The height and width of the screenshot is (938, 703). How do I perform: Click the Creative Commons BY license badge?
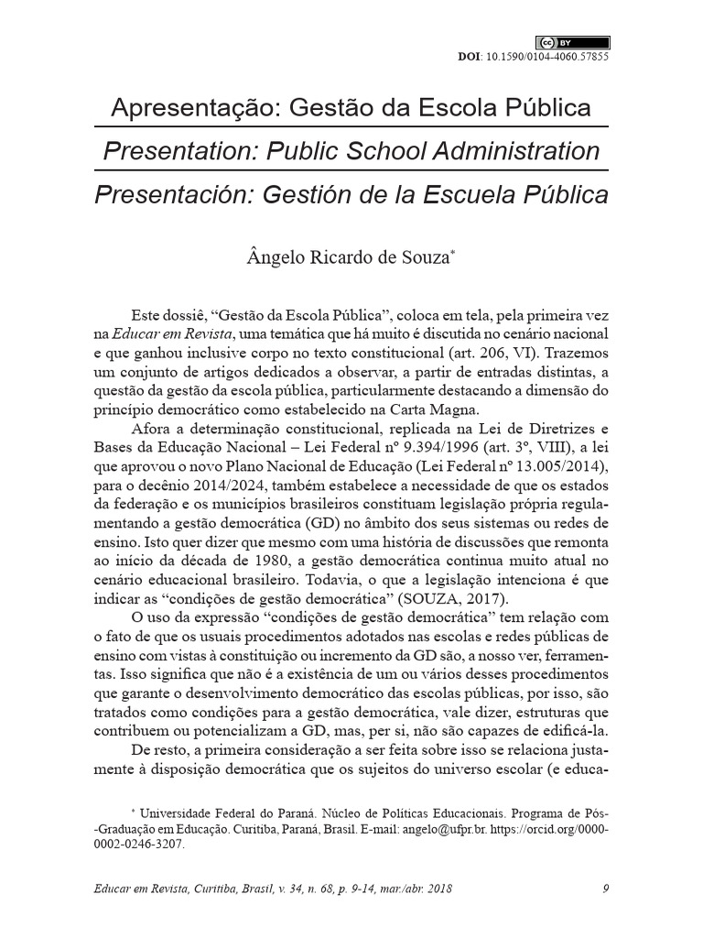point(572,42)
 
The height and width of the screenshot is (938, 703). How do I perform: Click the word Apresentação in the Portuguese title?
point(194,108)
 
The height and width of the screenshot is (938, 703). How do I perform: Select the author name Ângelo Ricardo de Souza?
point(348,258)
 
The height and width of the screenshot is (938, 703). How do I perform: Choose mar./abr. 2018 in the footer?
point(411,889)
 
